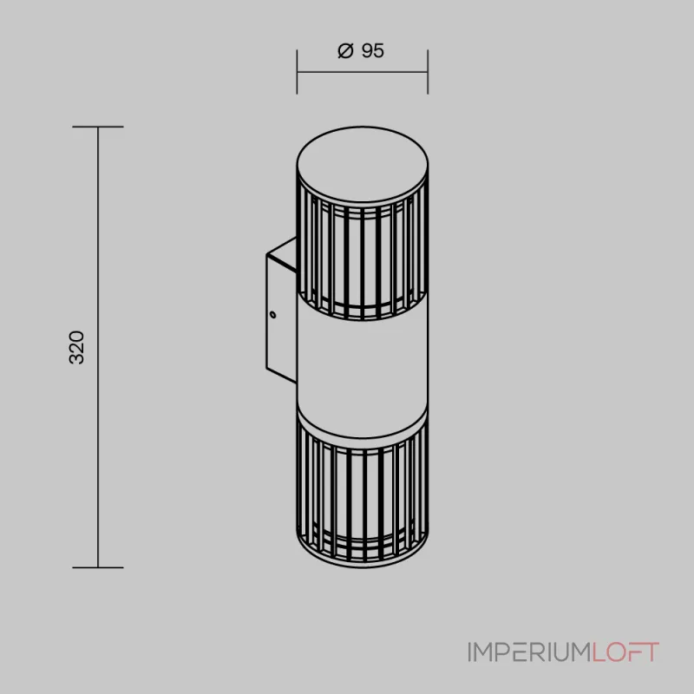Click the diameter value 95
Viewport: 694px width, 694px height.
(x=372, y=51)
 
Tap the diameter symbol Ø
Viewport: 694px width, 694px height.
(x=344, y=51)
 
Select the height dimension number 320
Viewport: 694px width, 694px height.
(x=77, y=347)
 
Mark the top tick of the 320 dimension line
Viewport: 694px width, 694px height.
(x=98, y=127)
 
